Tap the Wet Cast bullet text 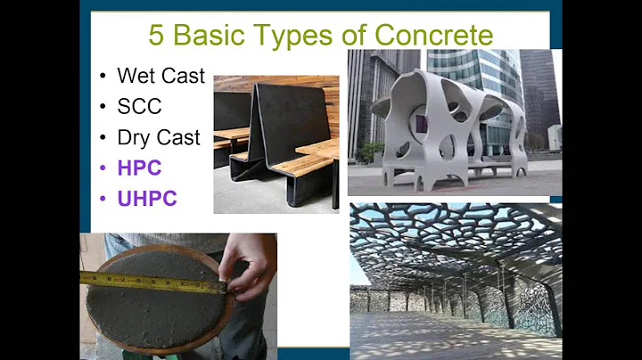click(x=160, y=75)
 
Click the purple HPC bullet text click(x=137, y=168)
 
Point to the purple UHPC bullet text click(x=147, y=198)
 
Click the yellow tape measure click(x=152, y=282)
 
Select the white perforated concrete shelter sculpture click(x=446, y=125)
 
